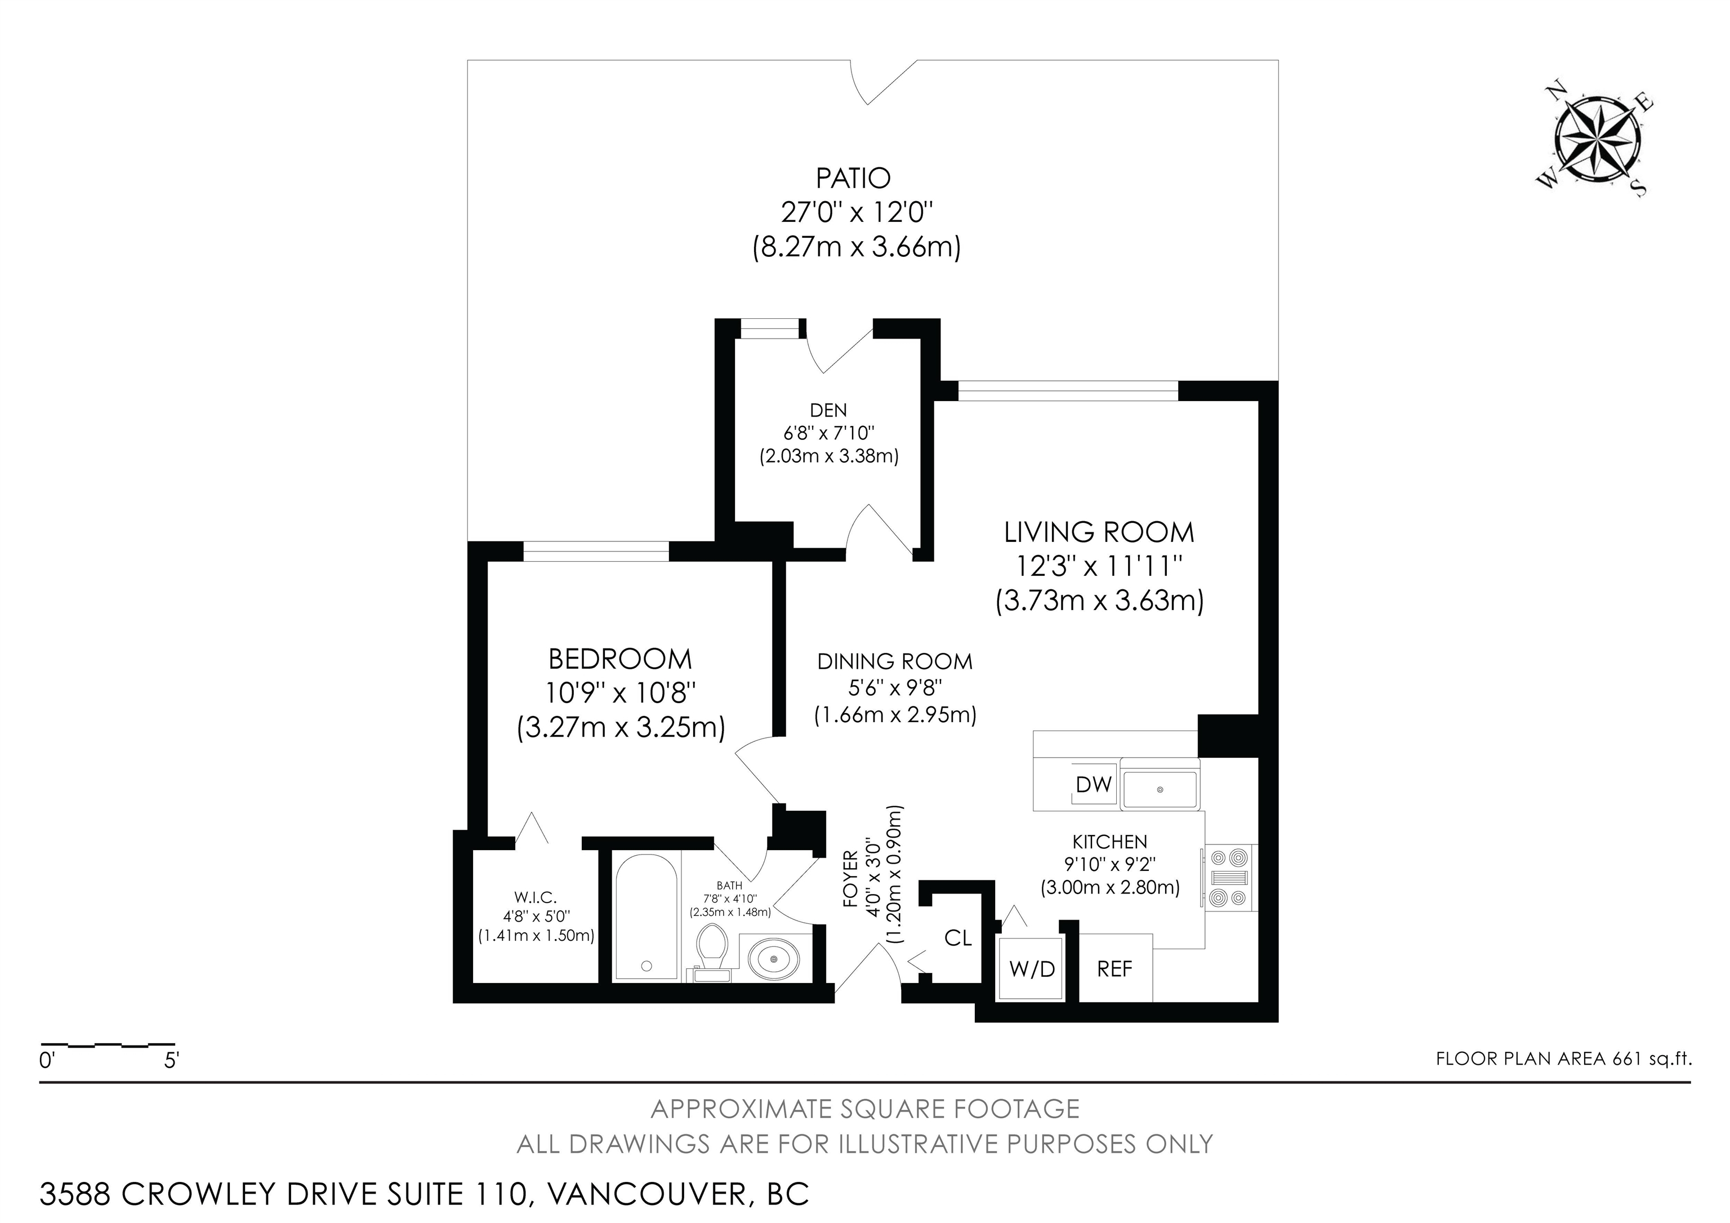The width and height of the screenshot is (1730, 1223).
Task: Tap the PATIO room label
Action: click(853, 179)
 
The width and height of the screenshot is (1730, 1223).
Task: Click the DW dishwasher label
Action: click(1093, 784)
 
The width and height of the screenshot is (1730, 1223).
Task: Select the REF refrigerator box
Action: click(1114, 968)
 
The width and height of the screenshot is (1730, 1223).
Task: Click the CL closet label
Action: click(958, 938)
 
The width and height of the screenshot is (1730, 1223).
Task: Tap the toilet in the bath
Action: click(711, 949)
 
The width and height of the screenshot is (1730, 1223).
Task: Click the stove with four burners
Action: click(1228, 877)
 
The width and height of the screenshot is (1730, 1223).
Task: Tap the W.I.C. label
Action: click(535, 897)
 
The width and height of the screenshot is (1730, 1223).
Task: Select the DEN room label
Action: click(828, 410)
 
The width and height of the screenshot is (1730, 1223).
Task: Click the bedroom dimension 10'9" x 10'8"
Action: click(620, 692)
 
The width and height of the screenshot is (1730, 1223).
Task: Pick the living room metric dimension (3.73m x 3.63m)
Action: click(1099, 601)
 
